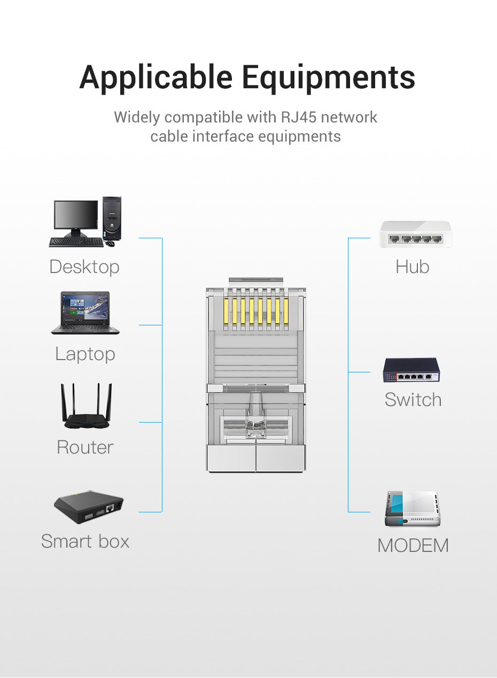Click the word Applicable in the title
(156, 78)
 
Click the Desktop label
(84, 267)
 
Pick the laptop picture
(86, 313)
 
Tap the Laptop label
(85, 354)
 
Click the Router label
(85, 447)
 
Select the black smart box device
(89, 508)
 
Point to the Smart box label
(85, 541)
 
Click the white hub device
(415, 234)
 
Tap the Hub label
(412, 267)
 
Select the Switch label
(413, 400)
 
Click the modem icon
(412, 509)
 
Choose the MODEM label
(413, 545)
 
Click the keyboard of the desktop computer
(76, 242)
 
